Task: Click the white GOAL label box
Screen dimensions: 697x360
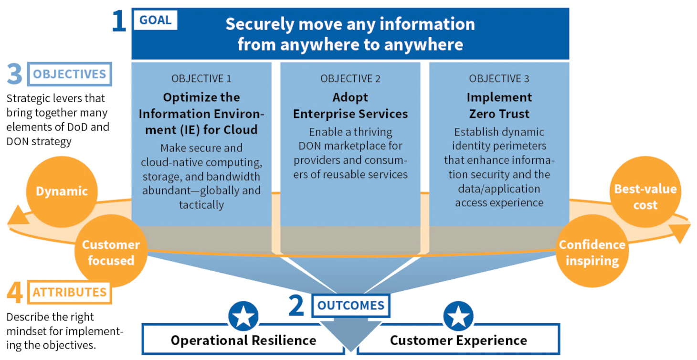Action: tap(156, 20)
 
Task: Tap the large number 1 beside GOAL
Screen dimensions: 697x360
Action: tap(119, 21)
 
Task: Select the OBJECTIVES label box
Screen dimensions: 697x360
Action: tap(69, 74)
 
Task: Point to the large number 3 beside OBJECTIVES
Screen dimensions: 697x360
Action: tap(14, 74)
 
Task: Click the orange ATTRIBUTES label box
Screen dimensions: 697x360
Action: tap(69, 292)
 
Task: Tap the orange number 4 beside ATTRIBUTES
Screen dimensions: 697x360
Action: tap(15, 292)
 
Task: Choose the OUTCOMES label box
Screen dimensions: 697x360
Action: tap(351, 306)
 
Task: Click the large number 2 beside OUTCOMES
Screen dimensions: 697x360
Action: tap(296, 305)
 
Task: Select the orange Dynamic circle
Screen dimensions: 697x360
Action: tap(62, 191)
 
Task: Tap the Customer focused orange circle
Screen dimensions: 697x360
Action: tap(111, 251)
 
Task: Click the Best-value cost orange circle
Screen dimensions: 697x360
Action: tap(645, 192)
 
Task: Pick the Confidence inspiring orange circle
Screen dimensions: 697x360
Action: tap(592, 251)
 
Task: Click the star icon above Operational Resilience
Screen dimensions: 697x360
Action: tap(243, 316)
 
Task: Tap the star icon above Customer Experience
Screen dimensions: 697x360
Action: tap(458, 316)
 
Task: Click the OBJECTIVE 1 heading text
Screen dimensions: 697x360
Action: tap(201, 79)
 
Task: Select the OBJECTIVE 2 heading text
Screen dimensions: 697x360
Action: tap(350, 79)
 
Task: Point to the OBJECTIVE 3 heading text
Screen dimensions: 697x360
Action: tap(499, 79)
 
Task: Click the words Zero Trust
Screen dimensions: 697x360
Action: tap(499, 114)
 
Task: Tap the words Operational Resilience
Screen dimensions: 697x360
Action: tap(243, 340)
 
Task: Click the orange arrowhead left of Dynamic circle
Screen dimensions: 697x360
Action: tap(18, 216)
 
